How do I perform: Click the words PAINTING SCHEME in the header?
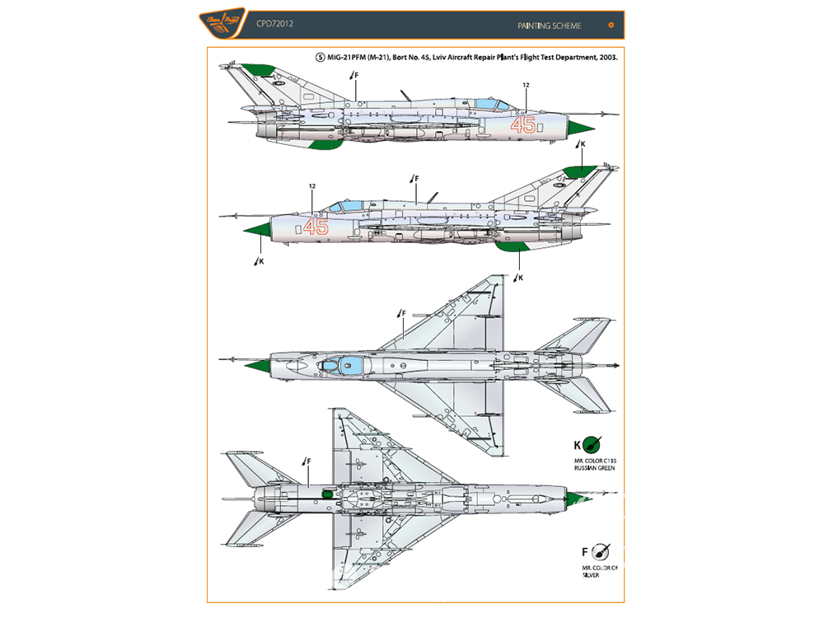click(550, 26)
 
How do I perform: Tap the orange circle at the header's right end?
click(611, 25)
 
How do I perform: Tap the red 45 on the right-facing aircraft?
click(523, 125)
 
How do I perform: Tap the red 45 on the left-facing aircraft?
click(316, 227)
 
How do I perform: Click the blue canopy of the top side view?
click(494, 104)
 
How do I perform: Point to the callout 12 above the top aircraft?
click(525, 85)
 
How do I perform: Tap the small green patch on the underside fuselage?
click(326, 494)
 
